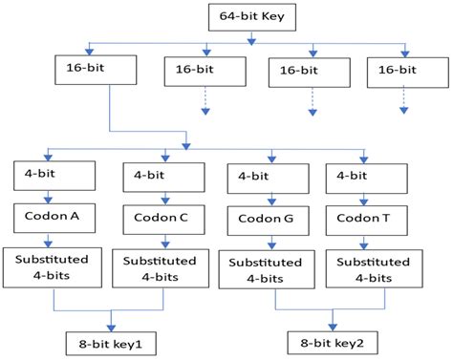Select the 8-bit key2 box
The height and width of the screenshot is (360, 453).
(333, 341)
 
